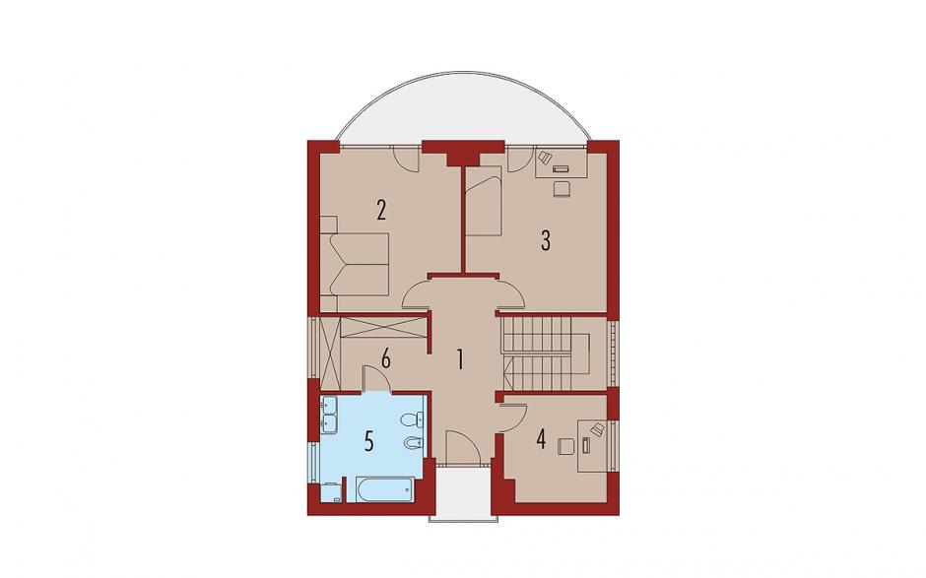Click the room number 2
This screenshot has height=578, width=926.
click(x=381, y=210)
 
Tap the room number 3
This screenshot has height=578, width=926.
click(x=546, y=240)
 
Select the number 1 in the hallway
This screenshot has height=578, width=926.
click(x=460, y=359)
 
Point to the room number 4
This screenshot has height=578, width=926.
click(x=541, y=439)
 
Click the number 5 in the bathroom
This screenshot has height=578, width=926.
click(x=369, y=441)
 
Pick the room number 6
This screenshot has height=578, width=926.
click(x=385, y=358)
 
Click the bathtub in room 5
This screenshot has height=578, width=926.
click(x=385, y=489)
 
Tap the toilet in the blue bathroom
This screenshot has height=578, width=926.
click(x=412, y=420)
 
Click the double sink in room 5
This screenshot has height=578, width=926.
click(x=328, y=414)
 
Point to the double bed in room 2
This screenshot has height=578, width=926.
click(x=355, y=263)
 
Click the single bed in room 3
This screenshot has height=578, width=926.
click(x=483, y=201)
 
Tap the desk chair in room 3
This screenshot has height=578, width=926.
click(x=562, y=188)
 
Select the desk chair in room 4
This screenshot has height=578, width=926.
click(x=566, y=445)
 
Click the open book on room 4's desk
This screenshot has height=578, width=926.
click(x=597, y=428)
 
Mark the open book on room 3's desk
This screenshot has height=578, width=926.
click(x=545, y=158)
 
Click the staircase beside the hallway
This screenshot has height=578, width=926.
click(x=544, y=353)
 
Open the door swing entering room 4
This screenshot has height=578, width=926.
click(x=512, y=417)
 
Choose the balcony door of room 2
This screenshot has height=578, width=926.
click(x=406, y=159)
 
